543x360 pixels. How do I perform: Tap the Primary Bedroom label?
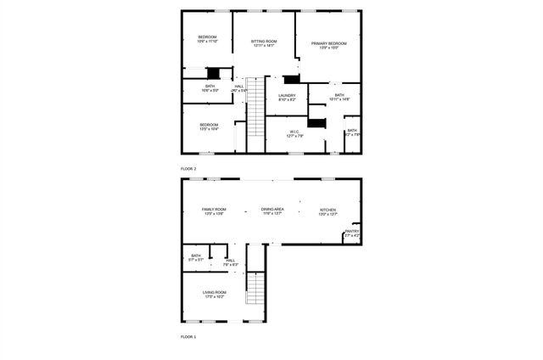pos(328,43)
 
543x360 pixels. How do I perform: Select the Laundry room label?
pos(287,95)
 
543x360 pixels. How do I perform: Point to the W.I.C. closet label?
pos(295,131)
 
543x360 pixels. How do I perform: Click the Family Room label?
pos(214,210)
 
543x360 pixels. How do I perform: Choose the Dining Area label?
pos(272,210)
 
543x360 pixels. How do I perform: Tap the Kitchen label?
pos(327,210)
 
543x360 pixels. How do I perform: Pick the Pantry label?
pos(352,231)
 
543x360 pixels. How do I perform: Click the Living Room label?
pos(214,293)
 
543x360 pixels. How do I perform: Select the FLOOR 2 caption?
pos(188,169)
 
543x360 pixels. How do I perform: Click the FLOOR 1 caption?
pos(188,337)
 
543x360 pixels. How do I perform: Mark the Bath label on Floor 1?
pos(196,256)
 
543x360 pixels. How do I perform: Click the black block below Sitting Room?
pos(292,79)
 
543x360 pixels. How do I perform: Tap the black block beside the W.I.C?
pos(316,123)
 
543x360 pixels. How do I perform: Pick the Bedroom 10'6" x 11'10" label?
pos(208,37)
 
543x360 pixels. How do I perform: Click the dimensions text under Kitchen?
pos(327,215)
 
